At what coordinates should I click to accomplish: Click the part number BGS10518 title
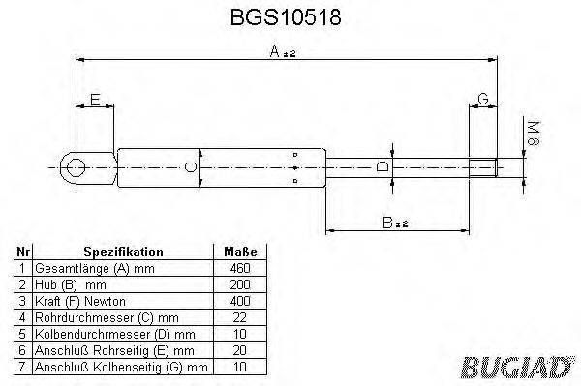coord(291,18)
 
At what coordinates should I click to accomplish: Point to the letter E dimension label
coord(94,100)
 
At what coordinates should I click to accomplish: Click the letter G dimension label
coord(482,100)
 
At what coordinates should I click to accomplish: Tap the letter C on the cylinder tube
coord(192,168)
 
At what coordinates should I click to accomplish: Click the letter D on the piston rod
coord(382,167)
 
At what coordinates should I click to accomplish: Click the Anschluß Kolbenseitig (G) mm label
coord(120,367)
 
